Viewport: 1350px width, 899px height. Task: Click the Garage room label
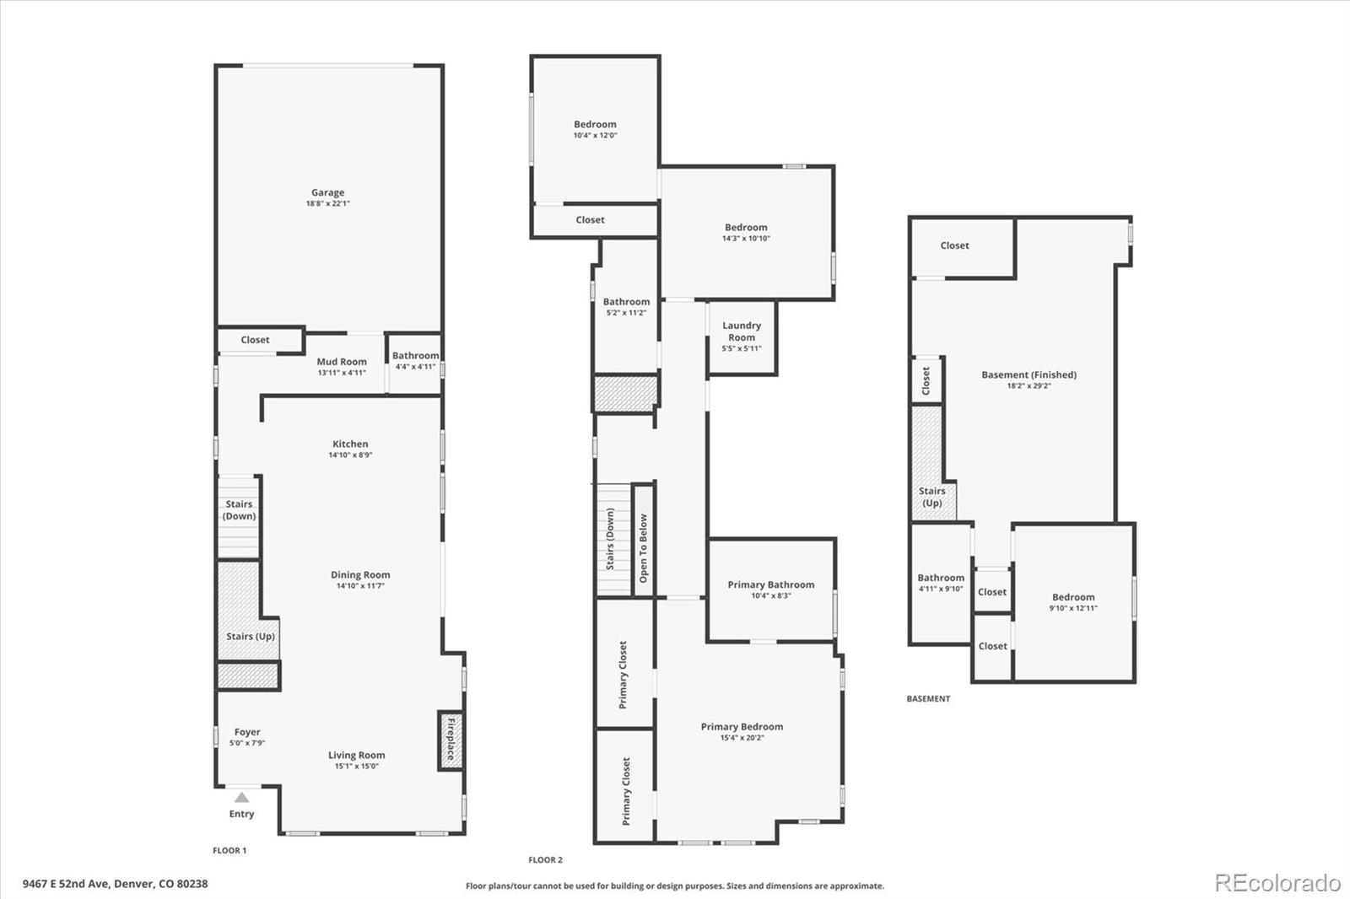point(327,192)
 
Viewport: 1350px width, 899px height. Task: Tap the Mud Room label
point(342,362)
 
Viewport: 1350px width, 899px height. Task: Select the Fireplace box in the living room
point(450,740)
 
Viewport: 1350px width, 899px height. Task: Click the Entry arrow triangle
point(242,797)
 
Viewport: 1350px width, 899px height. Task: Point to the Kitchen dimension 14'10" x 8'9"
point(350,455)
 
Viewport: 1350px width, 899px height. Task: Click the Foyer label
point(247,732)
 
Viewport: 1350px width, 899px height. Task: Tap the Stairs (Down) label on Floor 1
point(240,510)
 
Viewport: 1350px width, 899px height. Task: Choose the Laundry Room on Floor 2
point(742,331)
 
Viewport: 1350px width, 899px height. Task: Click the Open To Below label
point(643,548)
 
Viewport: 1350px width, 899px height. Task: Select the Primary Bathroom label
point(771,584)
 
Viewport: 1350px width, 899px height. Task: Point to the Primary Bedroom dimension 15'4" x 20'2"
point(742,738)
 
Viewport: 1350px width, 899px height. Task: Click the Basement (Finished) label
point(1029,374)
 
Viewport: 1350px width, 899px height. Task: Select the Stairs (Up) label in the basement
point(932,497)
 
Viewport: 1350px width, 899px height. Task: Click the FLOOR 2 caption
point(545,860)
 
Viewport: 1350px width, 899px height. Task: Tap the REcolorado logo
point(1277,883)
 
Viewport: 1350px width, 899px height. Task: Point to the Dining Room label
point(360,575)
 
